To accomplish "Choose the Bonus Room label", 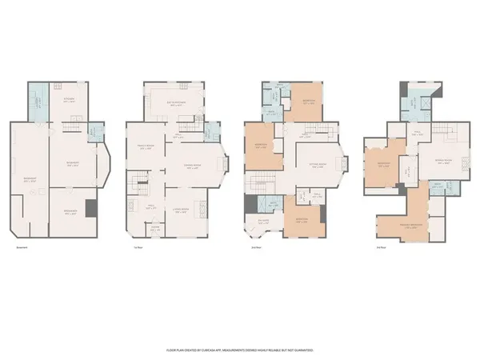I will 442,161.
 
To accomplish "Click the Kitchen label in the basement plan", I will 68,100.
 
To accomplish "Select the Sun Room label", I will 262,222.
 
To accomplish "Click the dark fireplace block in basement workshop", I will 93,210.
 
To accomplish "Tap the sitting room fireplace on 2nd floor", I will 345,163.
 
